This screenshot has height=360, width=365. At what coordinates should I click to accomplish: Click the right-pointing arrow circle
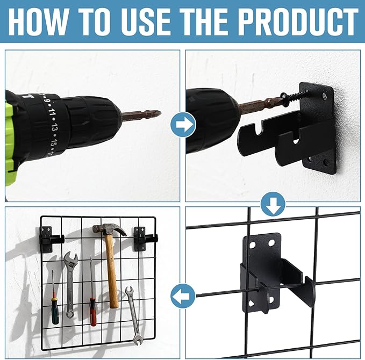(x=183, y=125)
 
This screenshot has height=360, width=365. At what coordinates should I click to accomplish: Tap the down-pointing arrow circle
(x=273, y=204)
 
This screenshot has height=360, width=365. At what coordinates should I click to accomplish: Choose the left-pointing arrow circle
(x=183, y=296)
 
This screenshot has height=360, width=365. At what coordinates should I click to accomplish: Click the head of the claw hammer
(x=109, y=229)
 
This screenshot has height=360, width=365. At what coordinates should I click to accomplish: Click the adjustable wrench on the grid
(x=70, y=284)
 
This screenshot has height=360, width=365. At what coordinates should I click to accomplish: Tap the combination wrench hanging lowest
(x=134, y=315)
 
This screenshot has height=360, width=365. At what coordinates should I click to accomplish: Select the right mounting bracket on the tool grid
(x=144, y=239)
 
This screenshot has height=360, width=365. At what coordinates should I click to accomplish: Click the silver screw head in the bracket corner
(x=324, y=96)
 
